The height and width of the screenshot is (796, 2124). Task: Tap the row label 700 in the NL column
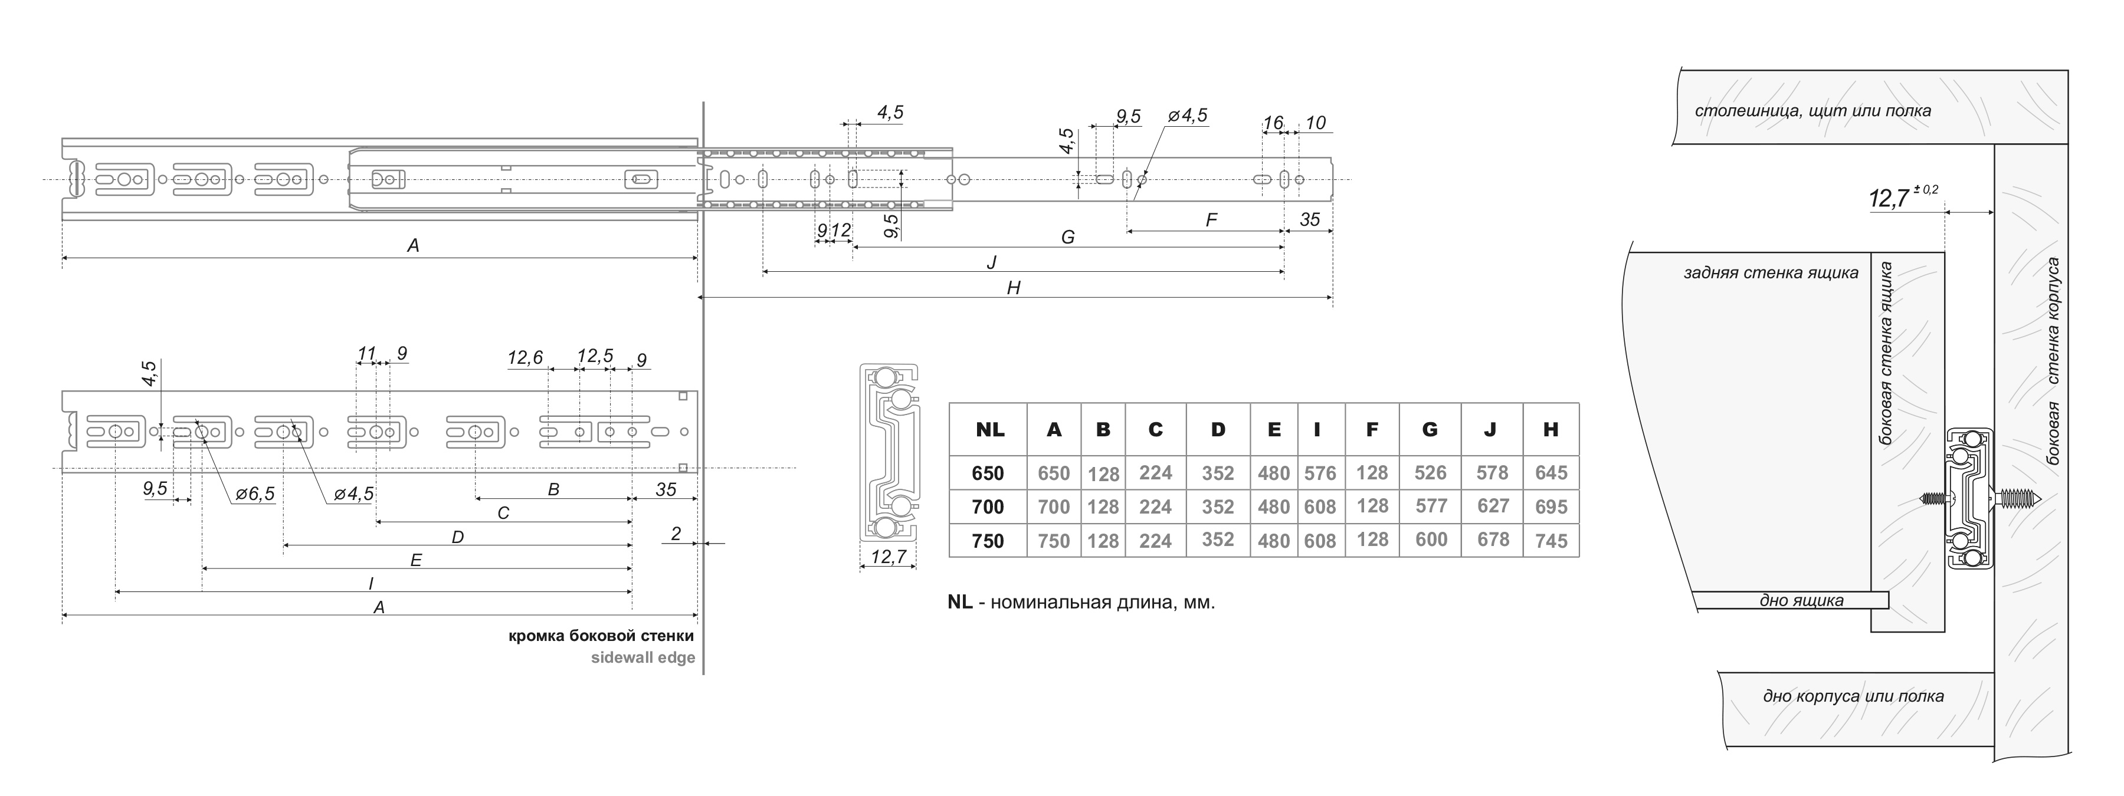[988, 506]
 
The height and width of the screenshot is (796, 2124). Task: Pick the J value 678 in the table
[1493, 540]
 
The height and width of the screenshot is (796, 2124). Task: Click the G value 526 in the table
[1431, 473]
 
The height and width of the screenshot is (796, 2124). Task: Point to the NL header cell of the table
[989, 429]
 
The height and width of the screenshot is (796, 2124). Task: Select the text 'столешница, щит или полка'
[1813, 110]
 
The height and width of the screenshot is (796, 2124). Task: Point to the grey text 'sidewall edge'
[643, 657]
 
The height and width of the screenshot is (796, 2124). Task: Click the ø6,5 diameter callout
[255, 494]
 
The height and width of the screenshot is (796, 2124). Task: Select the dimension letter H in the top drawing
[1014, 288]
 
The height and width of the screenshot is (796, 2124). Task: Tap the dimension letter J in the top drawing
[992, 262]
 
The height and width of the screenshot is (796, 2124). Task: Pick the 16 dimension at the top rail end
[1273, 123]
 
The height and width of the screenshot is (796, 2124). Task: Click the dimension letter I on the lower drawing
[371, 583]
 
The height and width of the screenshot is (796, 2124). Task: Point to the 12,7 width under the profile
[888, 557]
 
